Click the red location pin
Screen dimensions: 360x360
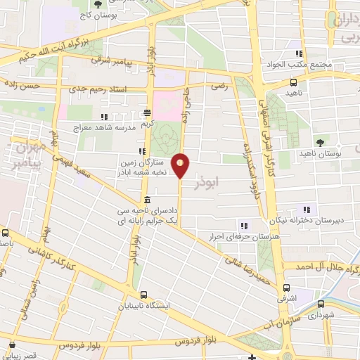point(181,165)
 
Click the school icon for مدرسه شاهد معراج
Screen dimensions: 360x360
point(105,117)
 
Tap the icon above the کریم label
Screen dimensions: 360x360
point(148,112)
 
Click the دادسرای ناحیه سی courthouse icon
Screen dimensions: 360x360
point(146,200)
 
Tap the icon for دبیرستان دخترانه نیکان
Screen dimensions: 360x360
point(306,209)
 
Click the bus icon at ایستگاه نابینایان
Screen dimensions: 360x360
point(144,295)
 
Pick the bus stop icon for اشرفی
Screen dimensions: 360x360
point(287,288)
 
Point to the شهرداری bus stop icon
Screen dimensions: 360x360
point(321,304)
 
